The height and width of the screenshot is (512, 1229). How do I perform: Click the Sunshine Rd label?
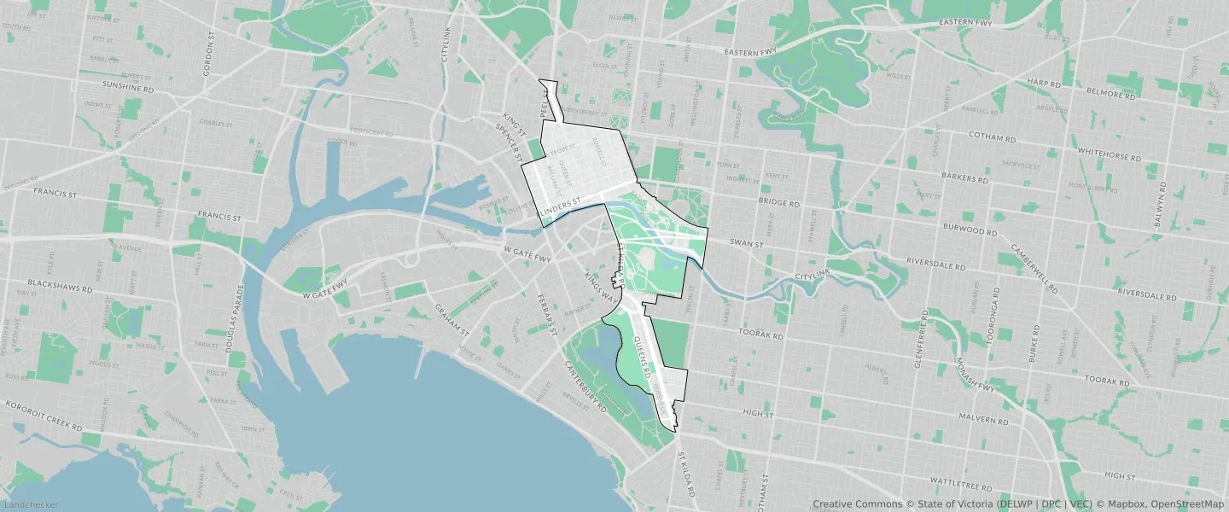point(128,88)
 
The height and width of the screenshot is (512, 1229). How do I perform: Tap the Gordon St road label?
point(207,55)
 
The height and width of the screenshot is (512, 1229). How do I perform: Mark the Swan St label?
point(747,243)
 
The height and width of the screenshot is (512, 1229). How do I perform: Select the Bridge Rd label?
point(778,204)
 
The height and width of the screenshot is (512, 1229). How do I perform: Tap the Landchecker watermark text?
point(30,505)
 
